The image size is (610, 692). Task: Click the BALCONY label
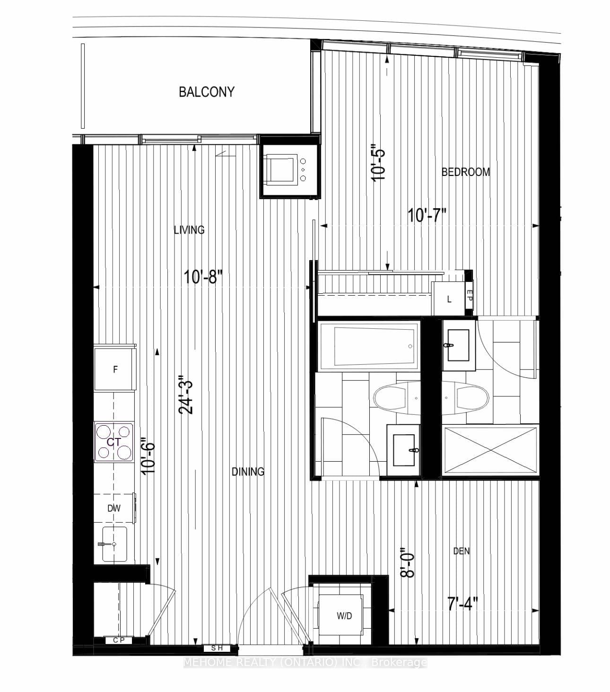pos(206,92)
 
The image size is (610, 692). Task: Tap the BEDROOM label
pos(465,172)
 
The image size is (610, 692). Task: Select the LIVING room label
pos(189,230)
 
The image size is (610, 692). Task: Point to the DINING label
pos(248,472)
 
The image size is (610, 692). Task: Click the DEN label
pos(461,551)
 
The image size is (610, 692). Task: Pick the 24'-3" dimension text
pos(187,394)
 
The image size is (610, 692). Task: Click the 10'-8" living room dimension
pos(203,277)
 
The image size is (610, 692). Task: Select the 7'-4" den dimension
pos(462,603)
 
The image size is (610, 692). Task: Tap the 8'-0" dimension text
pos(407,562)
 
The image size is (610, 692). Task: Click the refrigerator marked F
pos(115,369)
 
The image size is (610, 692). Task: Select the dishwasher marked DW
pos(114,508)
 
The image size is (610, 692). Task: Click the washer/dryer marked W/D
pos(344,616)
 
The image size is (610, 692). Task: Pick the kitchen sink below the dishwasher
pos(113,544)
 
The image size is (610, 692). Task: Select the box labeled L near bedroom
pos(449,299)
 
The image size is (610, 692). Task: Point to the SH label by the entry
pos(217,648)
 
